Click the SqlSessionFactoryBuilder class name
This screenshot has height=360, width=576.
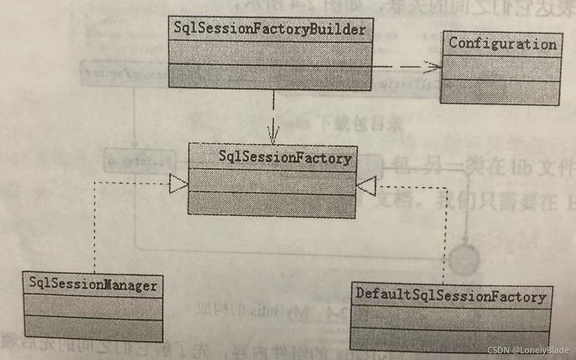(270, 29)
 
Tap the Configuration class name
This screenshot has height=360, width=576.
(502, 44)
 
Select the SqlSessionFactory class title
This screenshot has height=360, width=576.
(285, 158)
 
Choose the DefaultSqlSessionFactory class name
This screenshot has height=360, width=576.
(451, 296)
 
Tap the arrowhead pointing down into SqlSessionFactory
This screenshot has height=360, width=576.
(273, 135)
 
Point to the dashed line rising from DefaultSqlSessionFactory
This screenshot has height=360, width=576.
(443, 236)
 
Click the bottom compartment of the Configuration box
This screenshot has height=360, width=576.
(500, 93)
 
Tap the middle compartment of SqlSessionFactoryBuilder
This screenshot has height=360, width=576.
(270, 53)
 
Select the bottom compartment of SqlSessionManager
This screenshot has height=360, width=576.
(93, 329)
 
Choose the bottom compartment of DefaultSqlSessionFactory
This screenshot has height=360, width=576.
(451, 339)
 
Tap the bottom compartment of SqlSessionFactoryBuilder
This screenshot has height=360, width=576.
(270, 77)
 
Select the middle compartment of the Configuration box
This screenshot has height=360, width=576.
(501, 69)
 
